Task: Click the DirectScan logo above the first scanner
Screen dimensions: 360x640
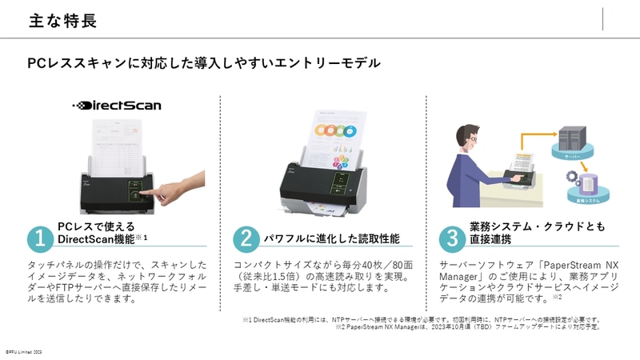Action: (x=106, y=105)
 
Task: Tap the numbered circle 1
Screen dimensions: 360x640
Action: (x=39, y=238)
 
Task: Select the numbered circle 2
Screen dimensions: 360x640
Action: (x=245, y=238)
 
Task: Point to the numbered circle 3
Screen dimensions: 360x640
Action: (x=453, y=238)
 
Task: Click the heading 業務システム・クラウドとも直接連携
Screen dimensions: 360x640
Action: (x=536, y=233)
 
